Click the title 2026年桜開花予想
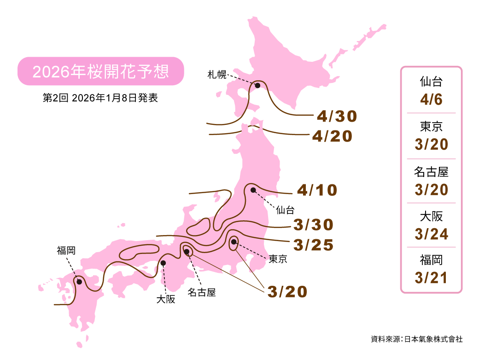click(x=100, y=71)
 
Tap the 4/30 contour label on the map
click(x=337, y=117)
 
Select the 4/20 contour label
click(x=332, y=136)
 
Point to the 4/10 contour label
click(x=317, y=190)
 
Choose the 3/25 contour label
click(x=313, y=245)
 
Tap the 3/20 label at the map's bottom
click(x=287, y=292)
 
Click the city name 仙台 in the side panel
click(x=431, y=83)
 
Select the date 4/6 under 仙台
click(x=431, y=100)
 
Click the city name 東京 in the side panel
click(x=431, y=127)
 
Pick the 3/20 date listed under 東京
click(x=431, y=144)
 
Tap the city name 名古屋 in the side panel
click(x=431, y=172)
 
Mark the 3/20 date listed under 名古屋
click(x=431, y=189)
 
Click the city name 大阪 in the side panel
click(x=431, y=216)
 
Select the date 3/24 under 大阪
click(x=431, y=234)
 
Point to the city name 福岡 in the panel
click(x=431, y=260)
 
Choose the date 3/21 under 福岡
click(x=431, y=277)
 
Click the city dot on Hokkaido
click(x=258, y=86)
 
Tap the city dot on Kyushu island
click(x=79, y=282)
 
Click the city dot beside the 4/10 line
click(x=253, y=190)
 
